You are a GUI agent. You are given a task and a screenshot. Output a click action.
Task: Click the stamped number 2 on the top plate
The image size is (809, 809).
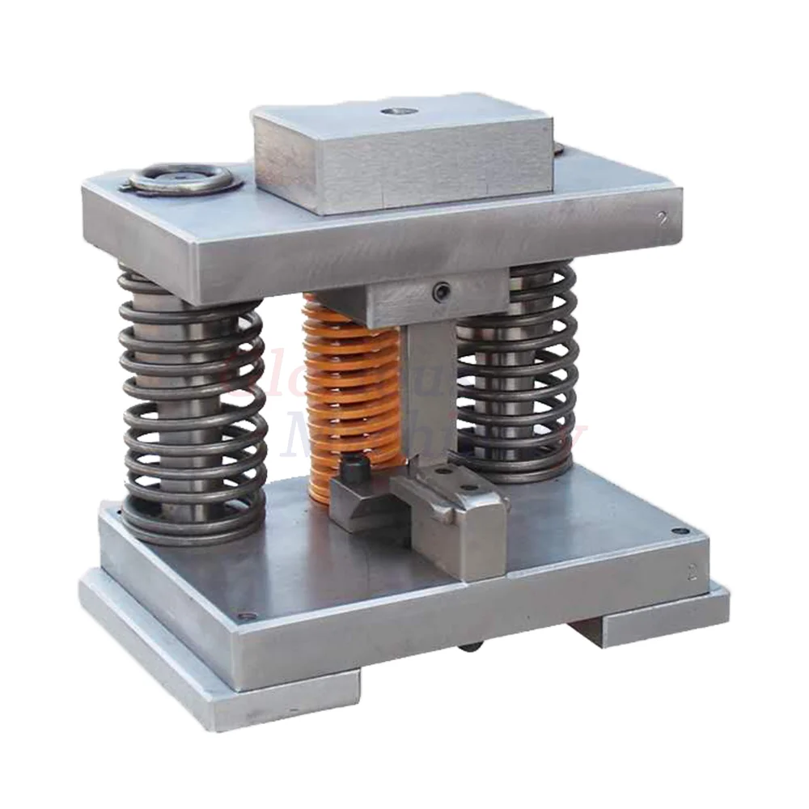tap(663, 218)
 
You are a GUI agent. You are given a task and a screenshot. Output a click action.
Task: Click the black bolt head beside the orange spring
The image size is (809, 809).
tap(353, 468)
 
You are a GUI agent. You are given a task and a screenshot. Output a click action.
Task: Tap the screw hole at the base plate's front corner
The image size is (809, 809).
tap(247, 616)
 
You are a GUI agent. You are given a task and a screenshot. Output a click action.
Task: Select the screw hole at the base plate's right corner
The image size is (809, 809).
tap(680, 531)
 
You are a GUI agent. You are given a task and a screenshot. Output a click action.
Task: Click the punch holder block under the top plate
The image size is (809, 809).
tap(404, 299)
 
